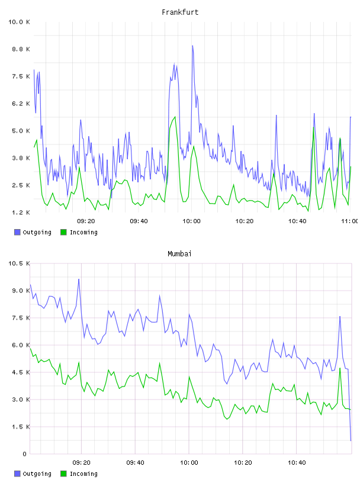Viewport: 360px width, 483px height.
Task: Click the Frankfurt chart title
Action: pyautogui.click(x=180, y=12)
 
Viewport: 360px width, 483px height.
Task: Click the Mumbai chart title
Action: pyautogui.click(x=179, y=254)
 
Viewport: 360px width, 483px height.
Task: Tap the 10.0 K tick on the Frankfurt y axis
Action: pyautogui.click(x=19, y=22)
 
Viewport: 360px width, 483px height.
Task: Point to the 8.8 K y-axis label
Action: pyautogui.click(x=21, y=49)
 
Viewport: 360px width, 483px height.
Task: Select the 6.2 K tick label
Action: pyautogui.click(x=21, y=104)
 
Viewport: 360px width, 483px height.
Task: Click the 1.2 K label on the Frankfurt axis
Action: pyautogui.click(x=21, y=212)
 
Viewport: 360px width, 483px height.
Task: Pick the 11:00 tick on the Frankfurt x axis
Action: pyautogui.click(x=350, y=221)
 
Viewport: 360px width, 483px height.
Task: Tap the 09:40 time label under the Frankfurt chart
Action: pyautogui.click(x=139, y=221)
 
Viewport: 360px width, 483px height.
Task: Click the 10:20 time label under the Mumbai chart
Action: pyautogui.click(x=243, y=463)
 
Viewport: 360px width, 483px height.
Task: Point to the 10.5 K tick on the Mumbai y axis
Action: pyautogui.click(x=19, y=263)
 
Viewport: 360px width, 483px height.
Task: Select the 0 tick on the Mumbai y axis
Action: pyautogui.click(x=25, y=454)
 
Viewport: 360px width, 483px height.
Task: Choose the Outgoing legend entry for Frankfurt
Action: pyautogui.click(x=33, y=232)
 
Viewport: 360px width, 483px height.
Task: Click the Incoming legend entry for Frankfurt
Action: pyautogui.click(x=79, y=232)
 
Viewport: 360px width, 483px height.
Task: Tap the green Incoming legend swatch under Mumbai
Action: pyautogui.click(x=63, y=474)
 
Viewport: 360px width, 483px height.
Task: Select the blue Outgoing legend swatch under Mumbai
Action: pyautogui.click(x=17, y=474)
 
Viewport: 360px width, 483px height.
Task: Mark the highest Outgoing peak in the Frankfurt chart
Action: pyautogui.click(x=192, y=46)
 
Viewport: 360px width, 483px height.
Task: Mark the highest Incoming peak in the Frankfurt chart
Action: pyautogui.click(x=175, y=117)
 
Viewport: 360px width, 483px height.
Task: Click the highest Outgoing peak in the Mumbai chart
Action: pyautogui.click(x=79, y=279)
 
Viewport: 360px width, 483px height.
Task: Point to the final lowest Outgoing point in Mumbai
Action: pyautogui.click(x=351, y=440)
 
